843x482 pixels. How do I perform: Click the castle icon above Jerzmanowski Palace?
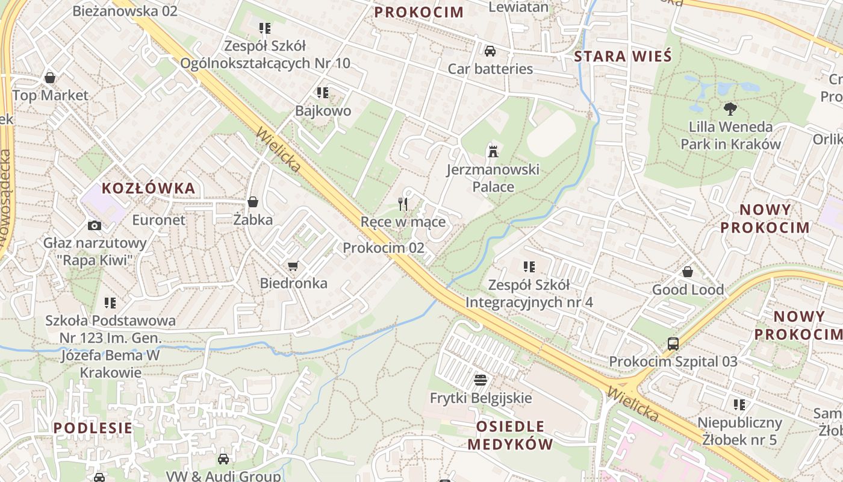point(493,151)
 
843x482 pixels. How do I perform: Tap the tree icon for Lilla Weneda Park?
point(730,109)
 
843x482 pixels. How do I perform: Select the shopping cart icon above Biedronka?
point(293,266)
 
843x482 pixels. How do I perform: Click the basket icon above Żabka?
point(253,202)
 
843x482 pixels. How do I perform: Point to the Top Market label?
point(50,95)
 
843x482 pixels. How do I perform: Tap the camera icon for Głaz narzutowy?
point(95,225)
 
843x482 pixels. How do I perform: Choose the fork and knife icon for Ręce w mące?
point(403,204)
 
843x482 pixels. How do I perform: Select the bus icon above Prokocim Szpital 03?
point(673,344)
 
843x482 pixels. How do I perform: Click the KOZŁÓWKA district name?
point(148,188)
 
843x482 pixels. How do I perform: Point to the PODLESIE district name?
point(93,428)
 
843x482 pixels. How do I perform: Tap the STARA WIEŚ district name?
point(623,57)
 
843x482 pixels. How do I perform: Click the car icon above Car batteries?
point(490,51)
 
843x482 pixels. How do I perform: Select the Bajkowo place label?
point(323,111)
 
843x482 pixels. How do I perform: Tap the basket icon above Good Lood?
point(688,272)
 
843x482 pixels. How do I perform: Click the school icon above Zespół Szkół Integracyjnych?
point(529,267)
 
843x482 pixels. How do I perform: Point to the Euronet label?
point(159,220)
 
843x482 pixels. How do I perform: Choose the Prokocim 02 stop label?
point(384,248)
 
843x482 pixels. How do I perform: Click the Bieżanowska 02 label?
point(125,11)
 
